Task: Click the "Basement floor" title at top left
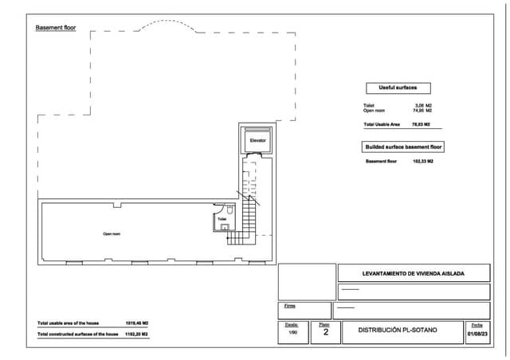tap(55, 28)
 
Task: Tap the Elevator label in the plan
tap(257, 140)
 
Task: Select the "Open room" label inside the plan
tap(112, 234)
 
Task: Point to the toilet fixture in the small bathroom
tap(224, 228)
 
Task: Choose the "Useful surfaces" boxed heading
tap(398, 88)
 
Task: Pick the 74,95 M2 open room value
tap(422, 112)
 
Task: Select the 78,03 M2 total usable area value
tap(421, 125)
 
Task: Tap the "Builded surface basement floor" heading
tap(404, 147)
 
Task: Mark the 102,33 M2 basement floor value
tap(422, 161)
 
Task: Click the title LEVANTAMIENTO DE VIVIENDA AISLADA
tap(413, 273)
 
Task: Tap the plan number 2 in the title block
tap(324, 334)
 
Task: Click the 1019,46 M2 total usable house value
tap(138, 323)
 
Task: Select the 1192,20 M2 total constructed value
tap(138, 335)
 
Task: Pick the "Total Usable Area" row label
tap(381, 125)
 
